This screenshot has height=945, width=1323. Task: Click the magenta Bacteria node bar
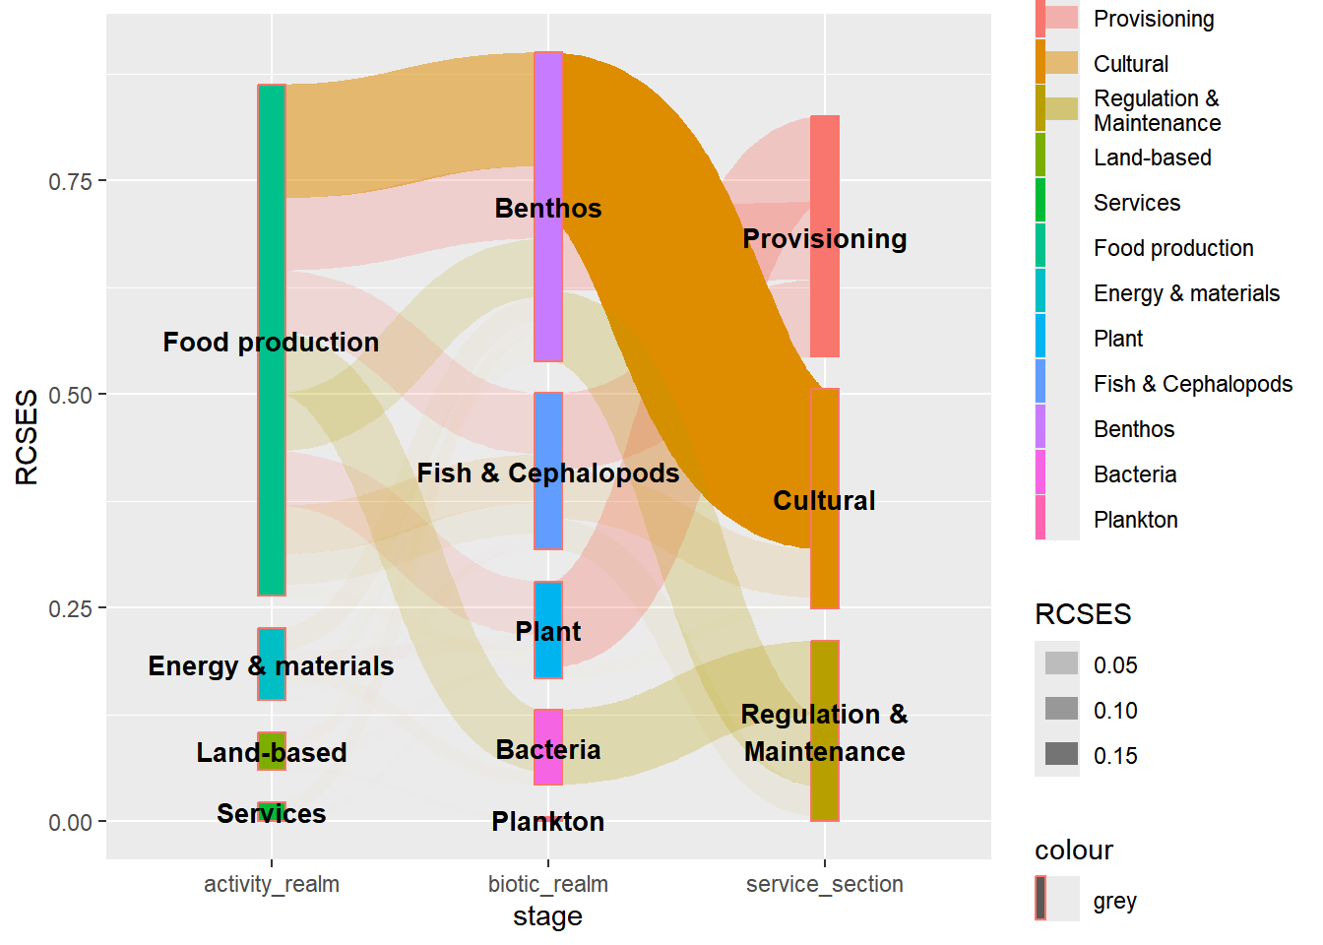[x=548, y=773]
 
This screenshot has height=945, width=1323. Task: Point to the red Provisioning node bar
[x=825, y=295]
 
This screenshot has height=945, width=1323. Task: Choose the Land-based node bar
[x=272, y=740]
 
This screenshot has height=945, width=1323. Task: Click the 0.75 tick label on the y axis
[x=70, y=182]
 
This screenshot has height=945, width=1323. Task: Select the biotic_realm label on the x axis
[x=548, y=884]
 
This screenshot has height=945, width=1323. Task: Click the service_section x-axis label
[x=825, y=884]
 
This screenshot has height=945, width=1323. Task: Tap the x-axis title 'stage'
[x=548, y=916]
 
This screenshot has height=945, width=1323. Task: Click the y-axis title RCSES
[x=28, y=436]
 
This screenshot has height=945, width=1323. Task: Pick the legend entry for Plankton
[x=1135, y=520]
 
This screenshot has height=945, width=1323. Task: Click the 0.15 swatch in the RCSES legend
[x=1061, y=755]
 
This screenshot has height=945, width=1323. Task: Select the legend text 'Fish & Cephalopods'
[x=1192, y=384]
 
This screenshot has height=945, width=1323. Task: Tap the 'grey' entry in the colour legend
[x=1114, y=901]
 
